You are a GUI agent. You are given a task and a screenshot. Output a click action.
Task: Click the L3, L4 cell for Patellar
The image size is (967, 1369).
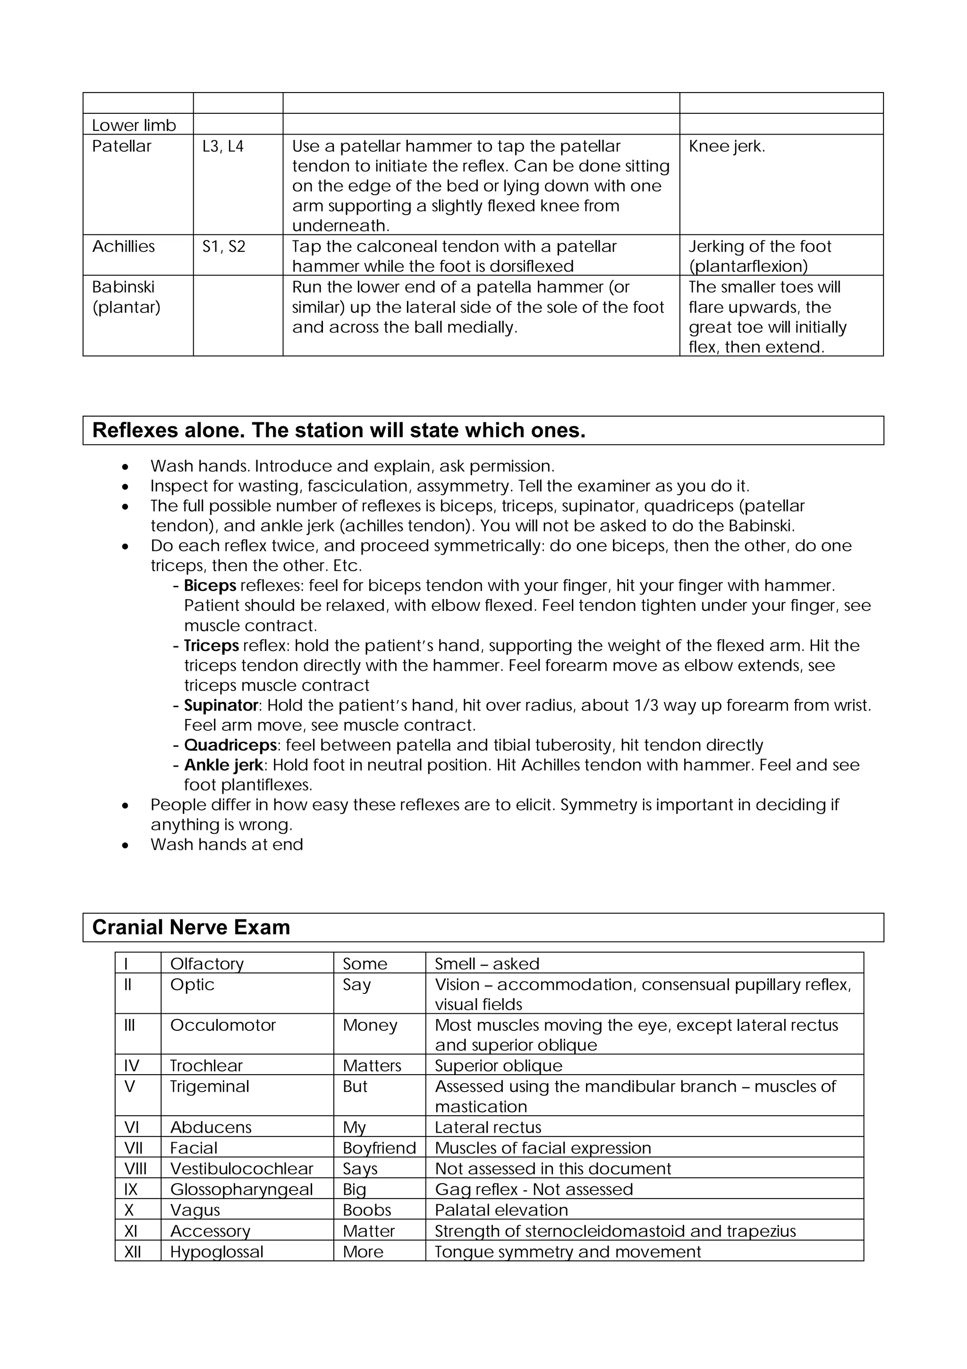click(x=223, y=146)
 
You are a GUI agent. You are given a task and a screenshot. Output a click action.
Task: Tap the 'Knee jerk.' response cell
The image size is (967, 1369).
click(x=726, y=146)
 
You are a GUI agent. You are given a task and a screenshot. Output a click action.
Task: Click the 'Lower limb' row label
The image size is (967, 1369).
click(x=134, y=125)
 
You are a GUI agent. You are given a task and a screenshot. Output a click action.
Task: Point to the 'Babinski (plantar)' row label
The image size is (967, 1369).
click(x=127, y=297)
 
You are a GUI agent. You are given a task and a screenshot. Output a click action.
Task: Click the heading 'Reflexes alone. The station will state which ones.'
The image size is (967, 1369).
click(x=339, y=430)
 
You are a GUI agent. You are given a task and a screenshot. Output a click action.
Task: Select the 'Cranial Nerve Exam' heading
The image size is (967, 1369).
click(x=191, y=927)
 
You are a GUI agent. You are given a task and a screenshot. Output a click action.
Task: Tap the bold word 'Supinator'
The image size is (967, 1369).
click(x=221, y=705)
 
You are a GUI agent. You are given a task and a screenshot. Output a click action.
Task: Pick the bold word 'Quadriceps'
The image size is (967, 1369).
click(x=230, y=745)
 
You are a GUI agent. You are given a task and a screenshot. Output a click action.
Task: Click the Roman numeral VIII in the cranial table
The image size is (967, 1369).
click(x=135, y=1169)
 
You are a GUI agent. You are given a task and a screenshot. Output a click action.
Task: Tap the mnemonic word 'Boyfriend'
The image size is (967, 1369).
click(x=379, y=1148)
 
